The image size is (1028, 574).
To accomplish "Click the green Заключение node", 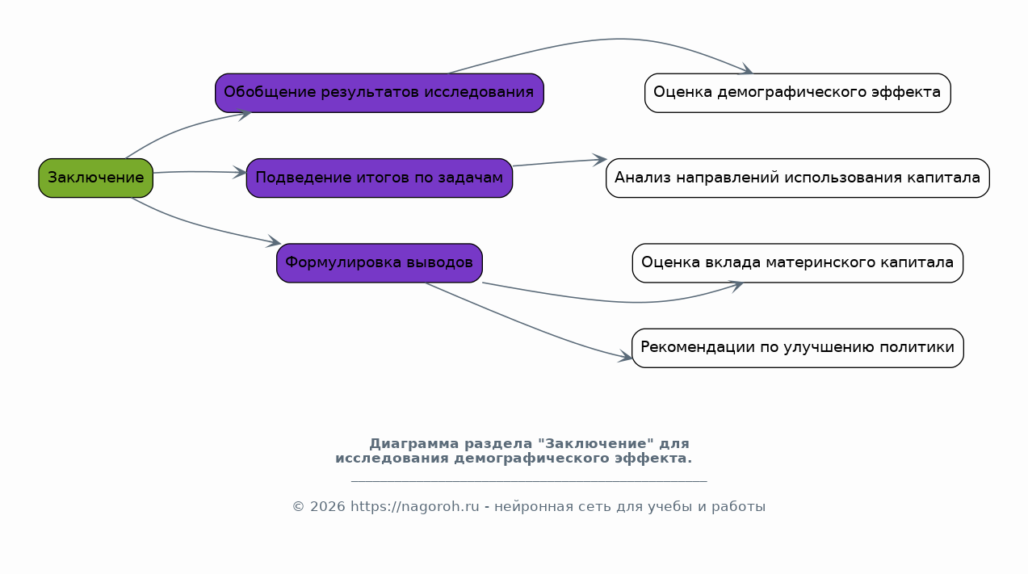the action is tap(95, 178).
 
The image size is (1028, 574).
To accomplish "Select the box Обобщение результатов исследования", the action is tap(379, 93).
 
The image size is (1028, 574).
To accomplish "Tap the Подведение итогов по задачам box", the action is tap(379, 178).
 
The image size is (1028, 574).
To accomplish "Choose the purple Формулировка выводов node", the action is tap(379, 263).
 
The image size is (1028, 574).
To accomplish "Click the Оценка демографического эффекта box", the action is tap(798, 93).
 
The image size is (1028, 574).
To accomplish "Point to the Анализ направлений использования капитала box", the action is tap(798, 178).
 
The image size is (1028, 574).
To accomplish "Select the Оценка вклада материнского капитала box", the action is tap(798, 263).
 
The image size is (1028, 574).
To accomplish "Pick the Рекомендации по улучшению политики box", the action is tap(798, 348).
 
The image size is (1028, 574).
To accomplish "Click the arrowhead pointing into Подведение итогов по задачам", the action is tap(240, 173).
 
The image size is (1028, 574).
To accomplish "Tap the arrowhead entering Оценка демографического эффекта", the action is tap(745, 69).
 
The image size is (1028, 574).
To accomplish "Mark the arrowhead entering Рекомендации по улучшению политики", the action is tap(625, 356).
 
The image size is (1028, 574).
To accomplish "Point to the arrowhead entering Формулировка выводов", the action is tap(274, 241).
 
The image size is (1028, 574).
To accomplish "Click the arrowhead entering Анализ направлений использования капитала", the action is tap(599, 160).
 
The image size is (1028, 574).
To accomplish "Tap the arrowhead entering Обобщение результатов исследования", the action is tap(244, 115).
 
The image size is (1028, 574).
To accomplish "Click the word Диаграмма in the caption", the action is tap(414, 444).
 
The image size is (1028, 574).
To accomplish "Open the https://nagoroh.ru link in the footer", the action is tap(415, 506).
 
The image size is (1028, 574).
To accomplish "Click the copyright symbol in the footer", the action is tap(298, 506).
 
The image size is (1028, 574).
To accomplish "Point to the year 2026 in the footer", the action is tap(328, 506).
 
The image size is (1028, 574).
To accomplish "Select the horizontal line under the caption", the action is tap(529, 481).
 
